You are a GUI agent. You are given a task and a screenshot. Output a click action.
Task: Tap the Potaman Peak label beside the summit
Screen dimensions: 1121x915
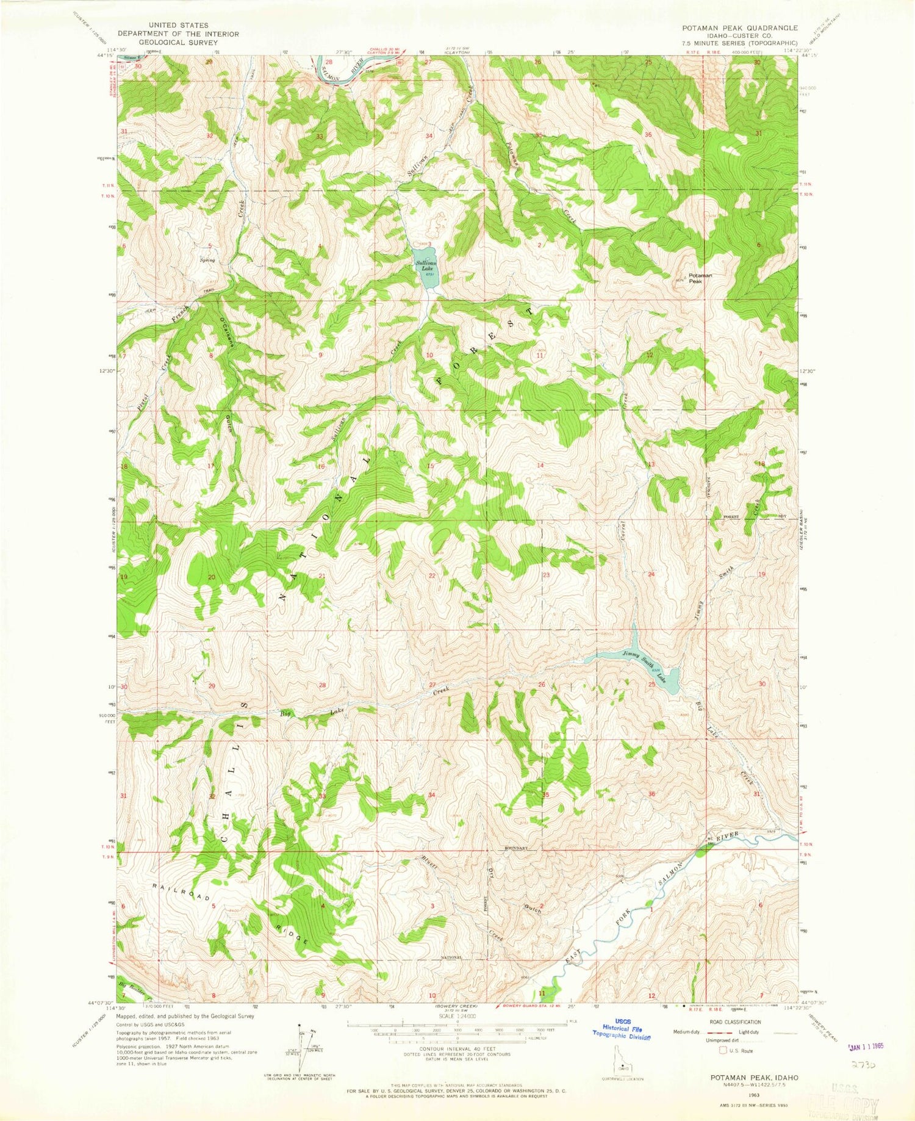700,278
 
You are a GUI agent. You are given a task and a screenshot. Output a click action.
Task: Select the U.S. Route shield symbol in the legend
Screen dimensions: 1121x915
723,1051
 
